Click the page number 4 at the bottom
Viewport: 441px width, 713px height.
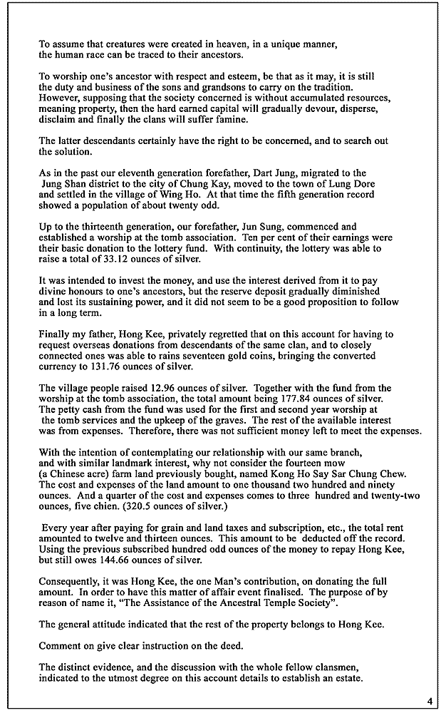(430, 700)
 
